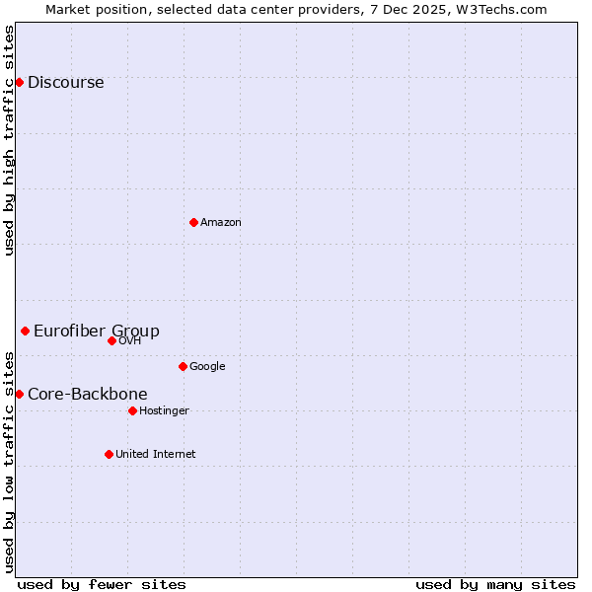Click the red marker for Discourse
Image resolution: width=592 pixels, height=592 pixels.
[19, 82]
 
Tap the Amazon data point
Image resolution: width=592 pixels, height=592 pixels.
[193, 222]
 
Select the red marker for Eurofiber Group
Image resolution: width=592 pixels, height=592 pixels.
[25, 331]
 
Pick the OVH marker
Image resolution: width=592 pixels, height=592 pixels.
[111, 340]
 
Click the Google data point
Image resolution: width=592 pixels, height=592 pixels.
[183, 366]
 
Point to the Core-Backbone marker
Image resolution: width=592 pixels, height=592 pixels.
[19, 394]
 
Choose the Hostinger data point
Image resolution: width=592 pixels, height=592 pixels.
[132, 410]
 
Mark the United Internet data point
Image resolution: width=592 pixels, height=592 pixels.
[109, 454]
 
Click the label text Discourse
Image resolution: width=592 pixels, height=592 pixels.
[65, 83]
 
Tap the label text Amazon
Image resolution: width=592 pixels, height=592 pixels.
[220, 223]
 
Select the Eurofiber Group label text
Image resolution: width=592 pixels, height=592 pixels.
[96, 332]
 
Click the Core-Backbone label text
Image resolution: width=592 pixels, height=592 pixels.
[87, 395]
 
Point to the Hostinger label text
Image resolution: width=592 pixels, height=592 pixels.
[164, 411]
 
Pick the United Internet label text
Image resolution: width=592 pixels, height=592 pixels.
[155, 455]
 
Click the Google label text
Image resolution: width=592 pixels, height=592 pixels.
[207, 367]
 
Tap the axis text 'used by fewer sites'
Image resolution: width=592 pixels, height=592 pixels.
[102, 584]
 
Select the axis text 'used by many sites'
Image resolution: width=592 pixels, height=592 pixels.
[495, 584]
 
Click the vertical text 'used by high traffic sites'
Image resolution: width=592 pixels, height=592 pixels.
[10, 140]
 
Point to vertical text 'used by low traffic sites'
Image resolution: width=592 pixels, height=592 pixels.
[10, 461]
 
